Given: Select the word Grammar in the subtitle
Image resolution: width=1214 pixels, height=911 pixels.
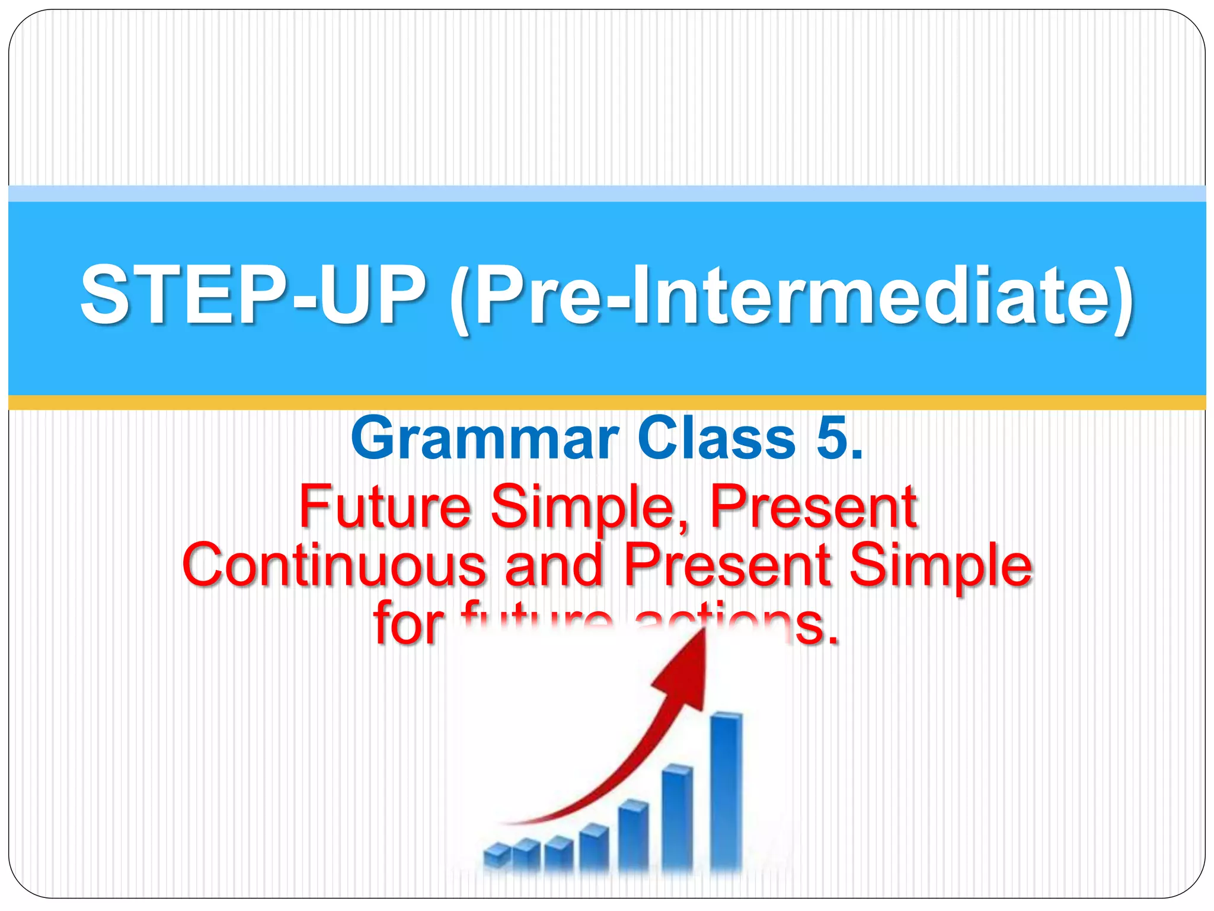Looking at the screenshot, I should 484,439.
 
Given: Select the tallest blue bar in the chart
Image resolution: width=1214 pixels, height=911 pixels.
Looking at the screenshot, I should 726,789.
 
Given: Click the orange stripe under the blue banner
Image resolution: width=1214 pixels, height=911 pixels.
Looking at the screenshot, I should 607,403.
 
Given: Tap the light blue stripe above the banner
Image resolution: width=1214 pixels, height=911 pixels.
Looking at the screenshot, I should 607,193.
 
